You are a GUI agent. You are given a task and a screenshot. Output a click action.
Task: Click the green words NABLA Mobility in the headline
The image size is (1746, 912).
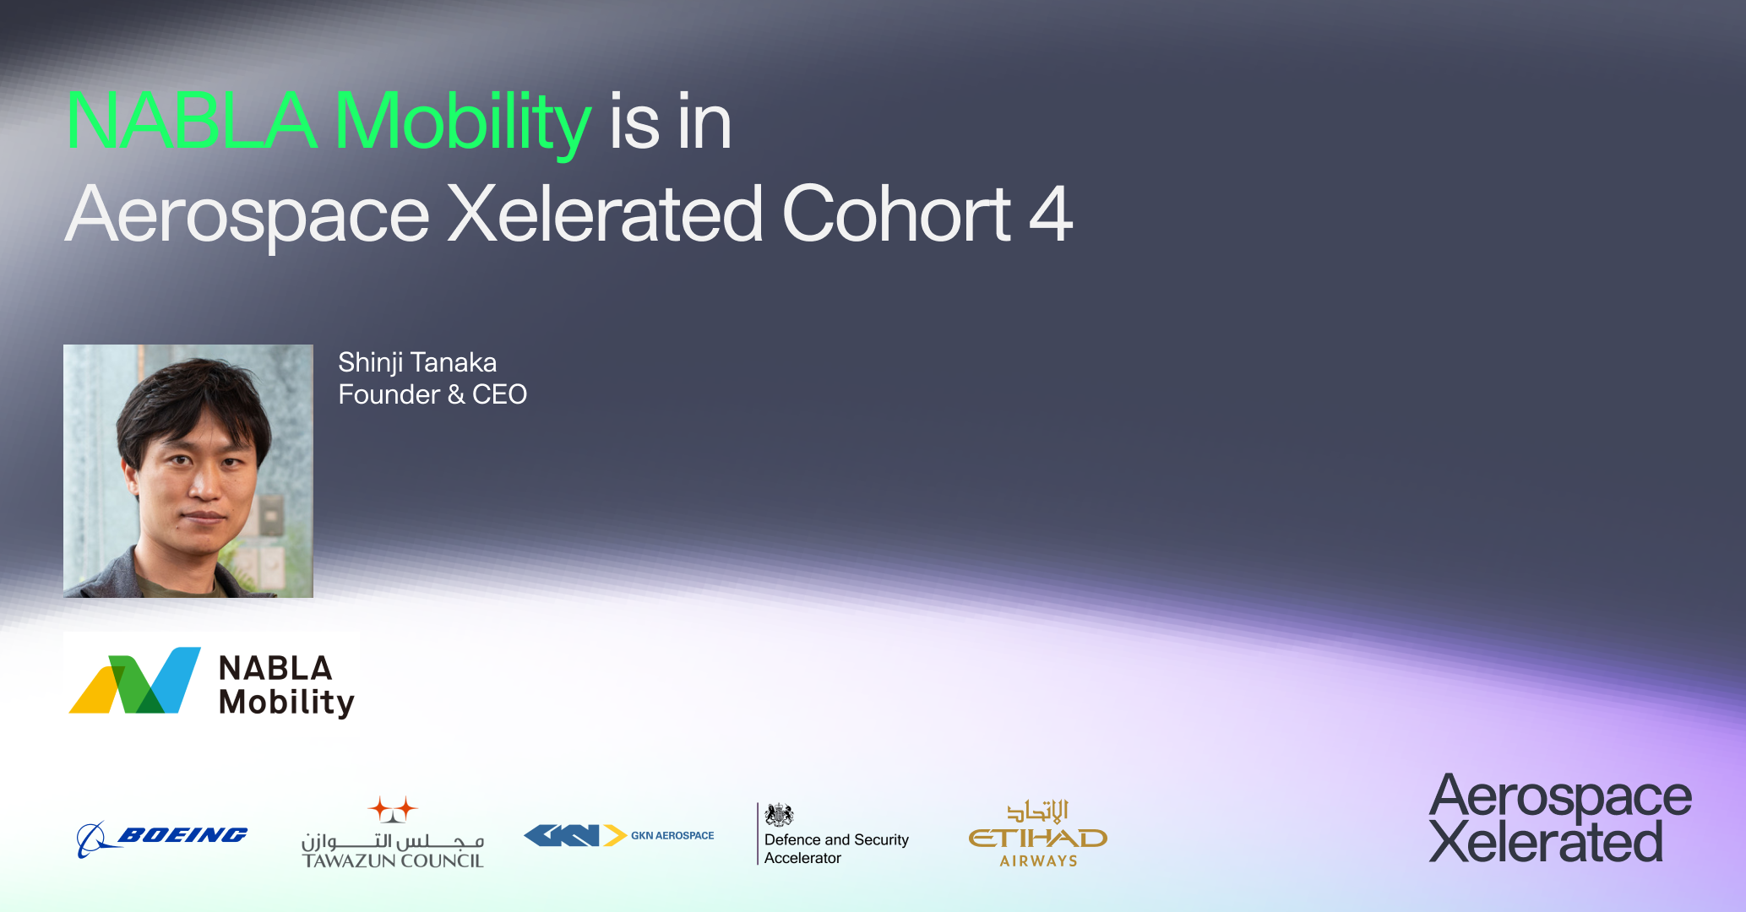point(328,122)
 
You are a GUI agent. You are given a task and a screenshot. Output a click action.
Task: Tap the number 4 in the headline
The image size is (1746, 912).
point(1051,214)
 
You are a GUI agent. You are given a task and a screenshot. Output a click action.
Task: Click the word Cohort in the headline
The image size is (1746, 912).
point(896,214)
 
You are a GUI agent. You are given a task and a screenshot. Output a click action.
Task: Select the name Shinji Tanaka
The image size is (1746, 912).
point(417,362)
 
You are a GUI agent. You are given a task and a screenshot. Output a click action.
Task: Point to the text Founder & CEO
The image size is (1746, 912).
point(432,394)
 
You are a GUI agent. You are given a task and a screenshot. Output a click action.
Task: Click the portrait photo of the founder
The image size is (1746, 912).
point(188,470)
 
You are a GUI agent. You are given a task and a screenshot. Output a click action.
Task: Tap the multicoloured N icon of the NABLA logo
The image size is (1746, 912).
point(135,681)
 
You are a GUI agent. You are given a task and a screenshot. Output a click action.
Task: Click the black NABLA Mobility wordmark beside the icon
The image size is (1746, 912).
point(286,685)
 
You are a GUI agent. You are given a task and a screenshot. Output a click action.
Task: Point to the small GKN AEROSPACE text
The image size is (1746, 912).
point(672,835)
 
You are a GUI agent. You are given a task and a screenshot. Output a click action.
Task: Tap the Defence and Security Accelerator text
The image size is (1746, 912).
point(836,849)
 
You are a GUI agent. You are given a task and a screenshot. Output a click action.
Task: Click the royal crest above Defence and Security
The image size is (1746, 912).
point(779,815)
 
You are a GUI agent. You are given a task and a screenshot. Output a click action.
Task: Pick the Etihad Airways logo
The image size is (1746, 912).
point(1038,833)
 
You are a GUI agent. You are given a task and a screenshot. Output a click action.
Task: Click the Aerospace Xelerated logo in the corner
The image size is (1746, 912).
point(1559,818)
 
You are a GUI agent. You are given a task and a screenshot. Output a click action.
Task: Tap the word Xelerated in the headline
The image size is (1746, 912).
point(605,214)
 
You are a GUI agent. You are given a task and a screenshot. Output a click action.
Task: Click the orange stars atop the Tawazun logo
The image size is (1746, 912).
point(393,809)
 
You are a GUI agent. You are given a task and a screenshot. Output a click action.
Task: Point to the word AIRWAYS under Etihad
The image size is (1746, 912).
point(1039,861)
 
